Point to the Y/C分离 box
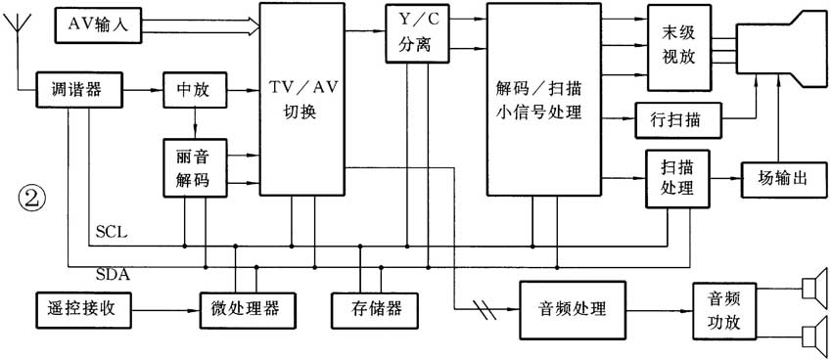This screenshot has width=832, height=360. pos(417,35)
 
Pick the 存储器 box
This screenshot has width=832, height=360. pos(367,308)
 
